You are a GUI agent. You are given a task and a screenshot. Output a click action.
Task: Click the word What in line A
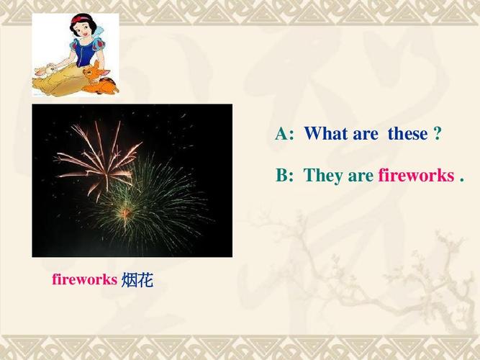click(327, 134)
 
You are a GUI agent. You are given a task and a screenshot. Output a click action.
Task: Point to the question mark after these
click(437, 134)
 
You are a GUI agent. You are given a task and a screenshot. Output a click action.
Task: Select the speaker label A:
click(285, 134)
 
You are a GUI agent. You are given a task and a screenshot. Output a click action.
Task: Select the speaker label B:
click(285, 176)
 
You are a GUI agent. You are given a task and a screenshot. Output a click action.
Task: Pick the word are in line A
click(368, 134)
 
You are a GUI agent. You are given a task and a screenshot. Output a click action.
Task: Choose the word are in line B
click(361, 176)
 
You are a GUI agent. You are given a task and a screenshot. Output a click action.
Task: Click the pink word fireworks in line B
click(415, 176)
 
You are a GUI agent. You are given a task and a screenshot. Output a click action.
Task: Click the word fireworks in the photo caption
click(84, 279)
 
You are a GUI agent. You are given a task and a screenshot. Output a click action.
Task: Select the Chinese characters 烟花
click(137, 279)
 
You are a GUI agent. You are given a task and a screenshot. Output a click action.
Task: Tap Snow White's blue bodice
click(82, 55)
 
